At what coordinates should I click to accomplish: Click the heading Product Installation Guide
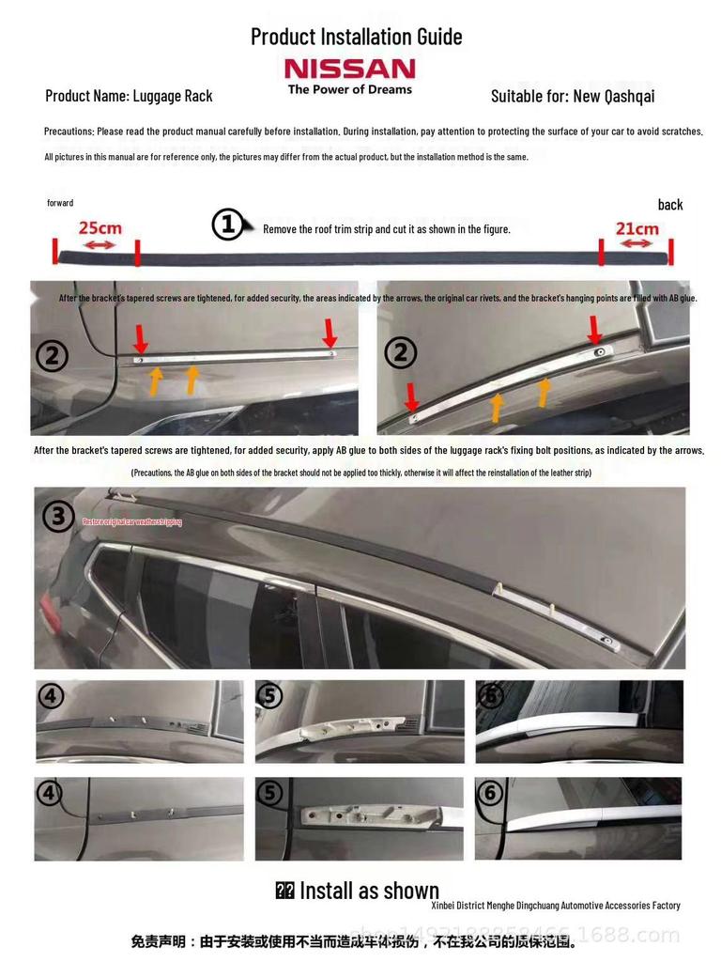pyautogui.click(x=356, y=37)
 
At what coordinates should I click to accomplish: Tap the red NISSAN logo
pyautogui.click(x=349, y=69)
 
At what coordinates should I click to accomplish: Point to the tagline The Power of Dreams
pyautogui.click(x=349, y=89)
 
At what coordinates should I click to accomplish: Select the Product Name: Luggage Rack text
pyautogui.click(x=129, y=96)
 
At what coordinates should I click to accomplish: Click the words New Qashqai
pyautogui.click(x=614, y=96)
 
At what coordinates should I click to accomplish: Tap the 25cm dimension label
pyautogui.click(x=100, y=228)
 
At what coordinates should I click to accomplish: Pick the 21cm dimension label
pyautogui.click(x=637, y=228)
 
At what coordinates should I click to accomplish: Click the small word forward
pyautogui.click(x=60, y=203)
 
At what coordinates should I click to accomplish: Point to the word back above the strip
pyautogui.click(x=670, y=205)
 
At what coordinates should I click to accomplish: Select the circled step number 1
pyautogui.click(x=227, y=225)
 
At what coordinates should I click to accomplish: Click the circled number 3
pyautogui.click(x=58, y=516)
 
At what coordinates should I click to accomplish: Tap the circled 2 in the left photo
pyautogui.click(x=52, y=356)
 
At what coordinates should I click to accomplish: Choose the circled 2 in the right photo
pyautogui.click(x=401, y=353)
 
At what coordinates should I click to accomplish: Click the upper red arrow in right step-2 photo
pyautogui.click(x=594, y=329)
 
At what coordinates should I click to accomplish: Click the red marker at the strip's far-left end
pyautogui.click(x=55, y=252)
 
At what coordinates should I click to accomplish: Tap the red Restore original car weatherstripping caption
pyautogui.click(x=131, y=521)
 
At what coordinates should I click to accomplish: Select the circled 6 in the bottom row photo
pyautogui.click(x=490, y=793)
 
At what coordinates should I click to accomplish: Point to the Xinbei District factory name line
pyautogui.click(x=555, y=906)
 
